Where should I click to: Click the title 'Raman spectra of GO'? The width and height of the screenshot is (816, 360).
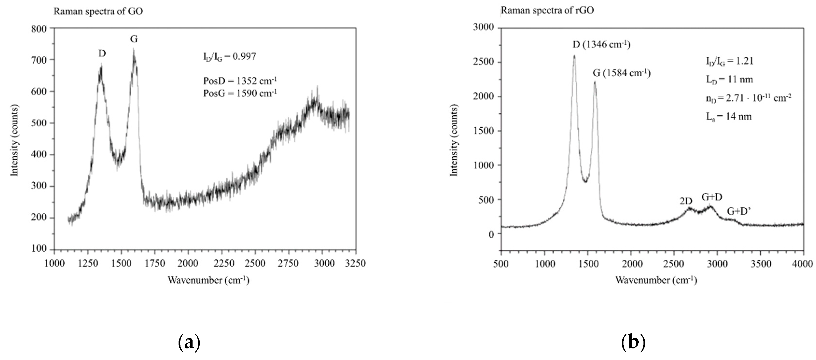(98, 11)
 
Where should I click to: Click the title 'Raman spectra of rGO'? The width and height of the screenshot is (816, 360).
(547, 10)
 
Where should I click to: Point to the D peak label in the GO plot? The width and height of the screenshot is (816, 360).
(102, 54)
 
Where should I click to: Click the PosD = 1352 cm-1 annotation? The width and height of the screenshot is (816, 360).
(240, 81)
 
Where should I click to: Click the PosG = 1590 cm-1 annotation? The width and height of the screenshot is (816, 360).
(240, 93)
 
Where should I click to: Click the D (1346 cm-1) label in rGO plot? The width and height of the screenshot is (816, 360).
(601, 45)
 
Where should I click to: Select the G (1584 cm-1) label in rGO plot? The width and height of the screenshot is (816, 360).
(622, 74)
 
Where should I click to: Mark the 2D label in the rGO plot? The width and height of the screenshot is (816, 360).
(686, 201)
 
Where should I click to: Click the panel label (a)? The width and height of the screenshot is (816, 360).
(189, 343)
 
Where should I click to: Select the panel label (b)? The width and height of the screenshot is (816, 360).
(633, 343)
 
